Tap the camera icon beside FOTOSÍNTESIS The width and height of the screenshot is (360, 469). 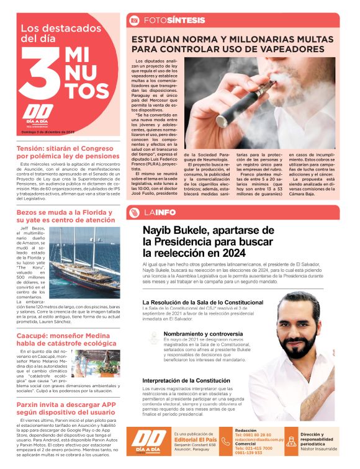(133, 20)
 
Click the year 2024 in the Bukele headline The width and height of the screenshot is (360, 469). (228, 253)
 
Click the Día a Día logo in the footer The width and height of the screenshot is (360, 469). (148, 440)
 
